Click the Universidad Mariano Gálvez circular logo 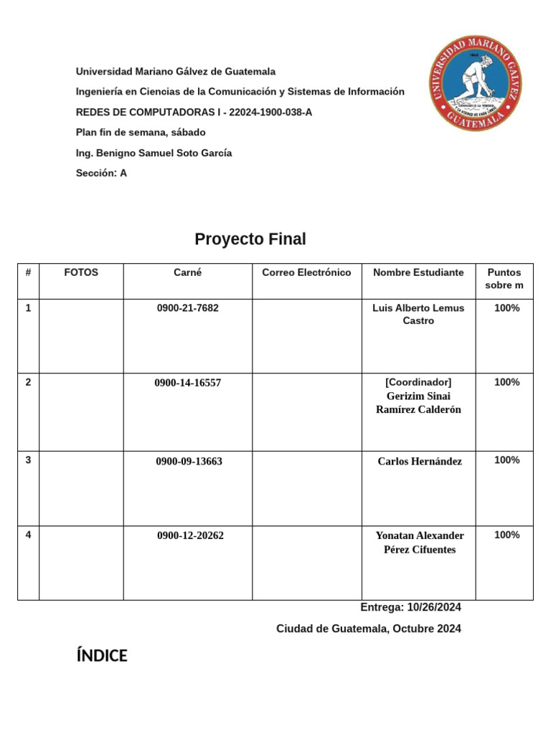click(x=475, y=83)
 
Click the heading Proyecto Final click(x=250, y=239)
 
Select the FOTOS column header click(x=81, y=272)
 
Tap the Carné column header click(x=187, y=272)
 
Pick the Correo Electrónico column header click(x=306, y=272)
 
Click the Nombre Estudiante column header click(x=418, y=272)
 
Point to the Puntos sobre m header click(x=505, y=279)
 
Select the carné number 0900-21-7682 click(x=188, y=308)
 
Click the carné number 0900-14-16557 click(x=187, y=383)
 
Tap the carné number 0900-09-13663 click(x=189, y=462)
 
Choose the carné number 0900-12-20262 click(x=190, y=535)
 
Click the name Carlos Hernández click(x=420, y=462)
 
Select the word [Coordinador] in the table click(x=418, y=382)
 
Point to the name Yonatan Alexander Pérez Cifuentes click(x=420, y=543)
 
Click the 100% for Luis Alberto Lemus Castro click(x=507, y=308)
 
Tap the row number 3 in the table click(x=28, y=459)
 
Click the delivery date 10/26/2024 click(x=433, y=607)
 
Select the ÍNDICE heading click(x=102, y=656)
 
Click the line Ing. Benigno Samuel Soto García click(x=154, y=153)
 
